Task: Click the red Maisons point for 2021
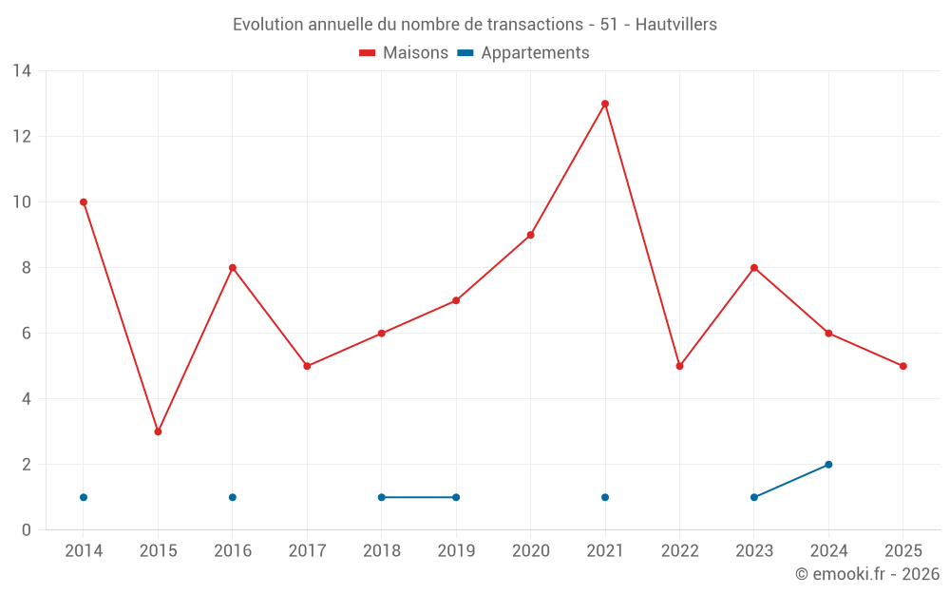pos(605,104)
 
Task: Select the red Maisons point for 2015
pos(158,431)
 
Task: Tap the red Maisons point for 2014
pos(84,202)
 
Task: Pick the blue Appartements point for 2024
pos(828,465)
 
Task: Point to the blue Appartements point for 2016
pos(233,497)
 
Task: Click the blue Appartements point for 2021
pos(605,497)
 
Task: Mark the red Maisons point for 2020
pos(530,235)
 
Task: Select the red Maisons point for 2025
pos(903,366)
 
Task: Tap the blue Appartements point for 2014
pos(84,497)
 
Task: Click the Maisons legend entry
pos(404,53)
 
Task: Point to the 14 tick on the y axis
pos(21,71)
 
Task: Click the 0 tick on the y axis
pos(26,530)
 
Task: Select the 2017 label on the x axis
pos(307,551)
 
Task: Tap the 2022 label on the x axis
pos(679,551)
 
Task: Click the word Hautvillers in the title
pos(676,24)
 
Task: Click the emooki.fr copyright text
pos(867,574)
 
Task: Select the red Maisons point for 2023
pos(754,268)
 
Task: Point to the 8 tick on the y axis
pos(26,268)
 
